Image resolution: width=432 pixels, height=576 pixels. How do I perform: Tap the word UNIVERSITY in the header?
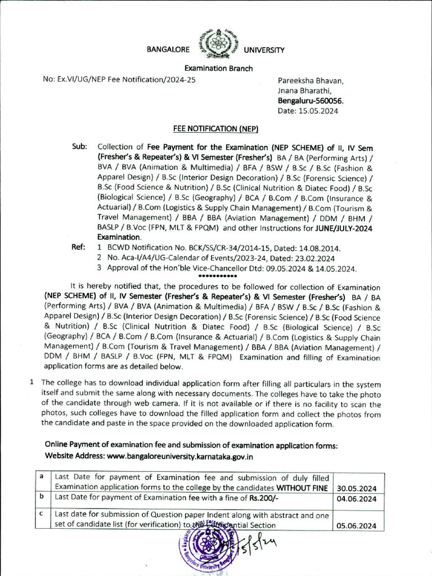coord(264,50)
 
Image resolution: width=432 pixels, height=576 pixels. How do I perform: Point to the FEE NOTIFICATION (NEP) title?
coord(215,129)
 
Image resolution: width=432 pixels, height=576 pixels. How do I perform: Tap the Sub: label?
coord(79,146)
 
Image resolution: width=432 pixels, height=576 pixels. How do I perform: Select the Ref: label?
coord(79,247)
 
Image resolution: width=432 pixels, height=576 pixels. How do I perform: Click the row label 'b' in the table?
coord(41,497)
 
